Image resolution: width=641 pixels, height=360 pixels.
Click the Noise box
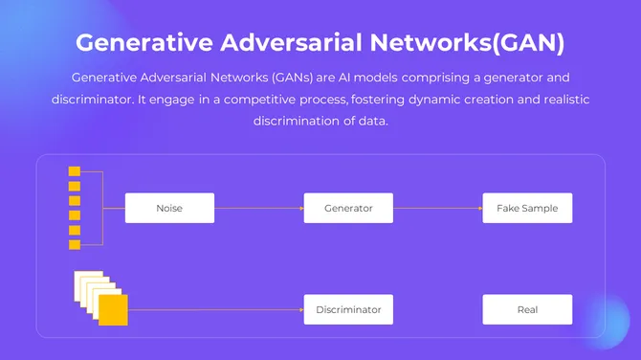pos(169,208)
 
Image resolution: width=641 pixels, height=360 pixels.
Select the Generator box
pos(348,208)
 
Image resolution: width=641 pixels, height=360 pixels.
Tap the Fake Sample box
pos(527,208)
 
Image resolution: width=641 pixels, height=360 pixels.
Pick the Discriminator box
pos(348,309)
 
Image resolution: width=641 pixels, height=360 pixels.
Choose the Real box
pos(527,309)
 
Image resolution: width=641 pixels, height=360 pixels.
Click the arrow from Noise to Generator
pos(258,208)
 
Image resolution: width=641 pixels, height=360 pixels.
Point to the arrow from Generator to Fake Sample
pos(437,208)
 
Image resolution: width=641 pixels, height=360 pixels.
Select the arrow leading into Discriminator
pos(215,309)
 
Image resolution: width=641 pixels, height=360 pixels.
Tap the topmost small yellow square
pos(74,172)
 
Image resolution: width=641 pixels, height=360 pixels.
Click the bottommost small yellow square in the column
pos(74,244)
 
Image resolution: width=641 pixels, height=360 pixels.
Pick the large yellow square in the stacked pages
pos(113,309)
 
